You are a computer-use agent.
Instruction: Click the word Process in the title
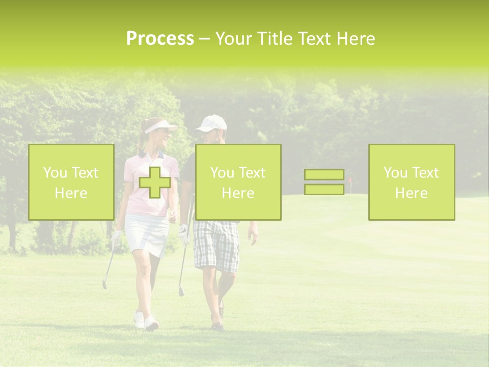pyautogui.click(x=160, y=39)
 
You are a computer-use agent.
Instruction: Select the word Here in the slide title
pyautogui.click(x=355, y=39)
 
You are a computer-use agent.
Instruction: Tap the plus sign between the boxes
pyautogui.click(x=155, y=182)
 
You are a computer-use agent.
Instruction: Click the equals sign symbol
pyautogui.click(x=324, y=182)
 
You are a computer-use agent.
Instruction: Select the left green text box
pyautogui.click(x=71, y=182)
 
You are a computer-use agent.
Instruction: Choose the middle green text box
pyautogui.click(x=238, y=182)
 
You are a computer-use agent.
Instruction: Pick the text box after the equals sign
pyautogui.click(x=411, y=182)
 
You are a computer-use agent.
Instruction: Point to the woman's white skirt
pyautogui.click(x=147, y=234)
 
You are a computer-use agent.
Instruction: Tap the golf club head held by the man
pyautogui.click(x=181, y=291)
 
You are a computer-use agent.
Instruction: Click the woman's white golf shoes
pyautogui.click(x=146, y=321)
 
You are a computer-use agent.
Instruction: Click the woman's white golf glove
pyautogui.click(x=117, y=238)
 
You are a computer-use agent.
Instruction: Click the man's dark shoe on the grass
pyautogui.click(x=218, y=325)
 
